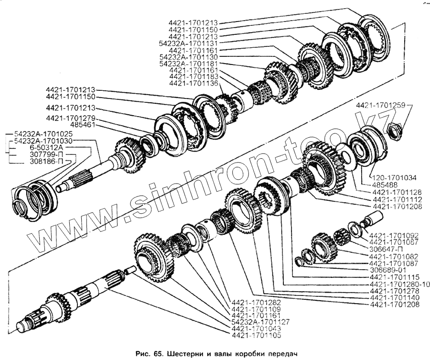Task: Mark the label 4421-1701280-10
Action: coord(399,284)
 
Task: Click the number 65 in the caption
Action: coord(160,354)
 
